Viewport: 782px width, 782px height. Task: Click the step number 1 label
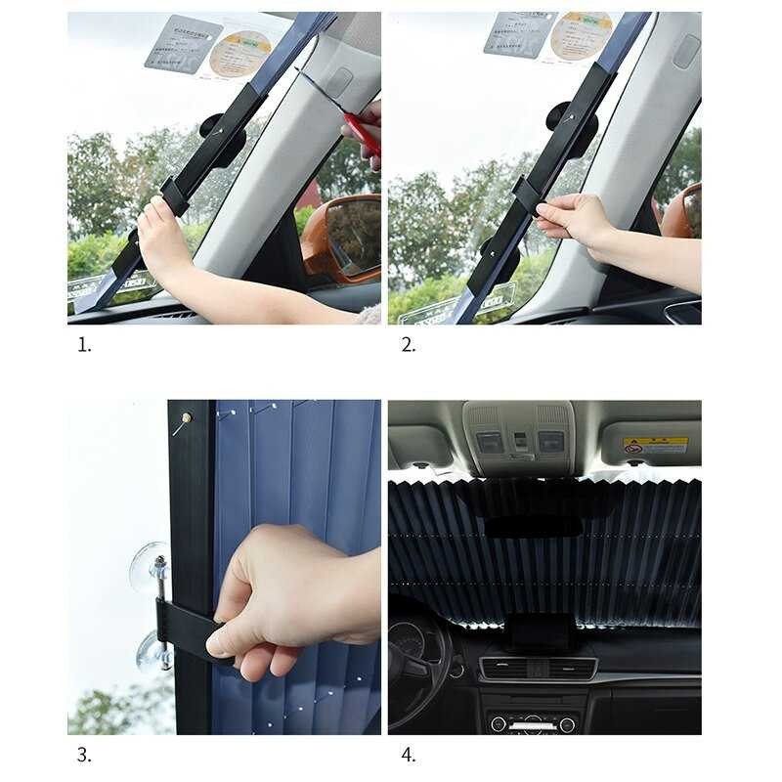point(83,344)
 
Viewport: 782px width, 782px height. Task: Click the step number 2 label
point(408,344)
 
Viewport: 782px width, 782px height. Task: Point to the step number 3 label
point(83,754)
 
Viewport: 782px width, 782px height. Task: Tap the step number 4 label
point(408,754)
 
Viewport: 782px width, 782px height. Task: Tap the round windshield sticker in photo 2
point(581,35)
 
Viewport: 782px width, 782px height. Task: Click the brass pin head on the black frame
point(184,418)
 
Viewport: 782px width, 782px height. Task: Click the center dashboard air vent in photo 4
point(538,670)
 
